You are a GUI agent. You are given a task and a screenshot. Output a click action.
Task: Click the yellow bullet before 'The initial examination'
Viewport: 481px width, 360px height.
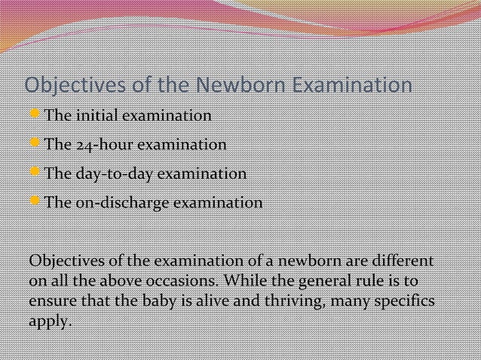click(x=35, y=116)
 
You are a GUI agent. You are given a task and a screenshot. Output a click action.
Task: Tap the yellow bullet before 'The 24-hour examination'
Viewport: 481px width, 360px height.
click(x=35, y=144)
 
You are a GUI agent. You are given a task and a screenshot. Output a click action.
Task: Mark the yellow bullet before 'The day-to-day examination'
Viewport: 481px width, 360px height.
click(x=35, y=173)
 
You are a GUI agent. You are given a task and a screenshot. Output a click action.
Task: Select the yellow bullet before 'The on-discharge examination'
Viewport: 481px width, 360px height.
click(x=35, y=203)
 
